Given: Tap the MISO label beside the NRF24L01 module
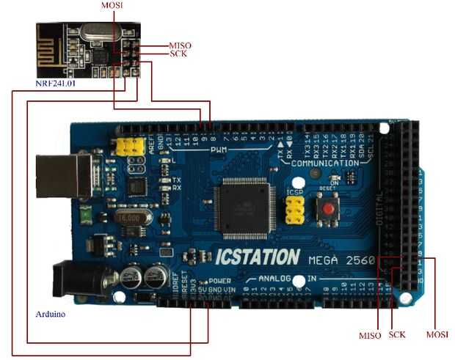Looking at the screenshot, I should tap(181, 45).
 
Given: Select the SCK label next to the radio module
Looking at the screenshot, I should tap(178, 54).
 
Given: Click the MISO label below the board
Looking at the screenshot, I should tap(370, 335).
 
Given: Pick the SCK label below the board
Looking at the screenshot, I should tap(397, 335).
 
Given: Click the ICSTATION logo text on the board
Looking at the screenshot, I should tap(257, 257).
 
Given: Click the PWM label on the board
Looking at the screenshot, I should tap(220, 150).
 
